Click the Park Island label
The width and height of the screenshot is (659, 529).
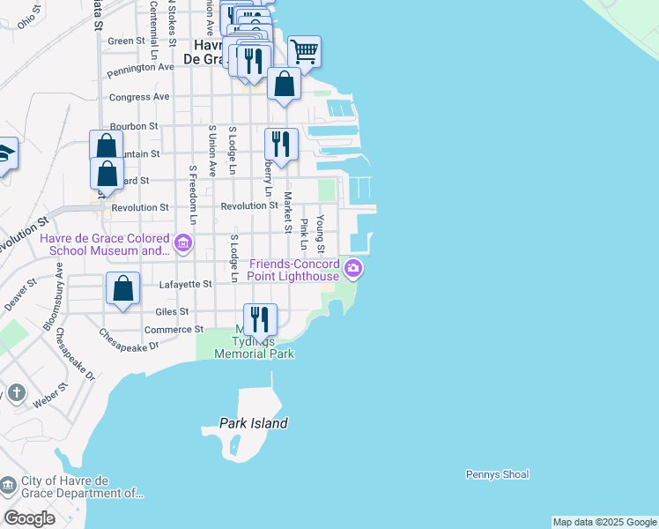pyautogui.click(x=254, y=423)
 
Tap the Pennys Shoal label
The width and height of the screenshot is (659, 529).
pyautogui.click(x=497, y=474)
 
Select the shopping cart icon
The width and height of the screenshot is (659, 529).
pyautogui.click(x=304, y=52)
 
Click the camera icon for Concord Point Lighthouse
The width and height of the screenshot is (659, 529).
pyautogui.click(x=353, y=269)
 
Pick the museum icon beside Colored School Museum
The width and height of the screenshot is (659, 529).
pyautogui.click(x=183, y=242)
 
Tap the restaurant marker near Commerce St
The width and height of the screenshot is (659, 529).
pyautogui.click(x=260, y=319)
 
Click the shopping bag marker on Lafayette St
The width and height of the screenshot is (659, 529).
pyautogui.click(x=123, y=288)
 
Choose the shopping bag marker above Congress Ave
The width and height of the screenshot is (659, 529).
pyautogui.click(x=284, y=85)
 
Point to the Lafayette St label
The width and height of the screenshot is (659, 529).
pyautogui.click(x=186, y=285)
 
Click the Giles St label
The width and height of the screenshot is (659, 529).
pyautogui.click(x=172, y=311)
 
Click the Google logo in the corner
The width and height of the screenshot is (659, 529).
pyautogui.click(x=29, y=518)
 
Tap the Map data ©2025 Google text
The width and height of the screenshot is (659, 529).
pyautogui.click(x=604, y=522)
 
